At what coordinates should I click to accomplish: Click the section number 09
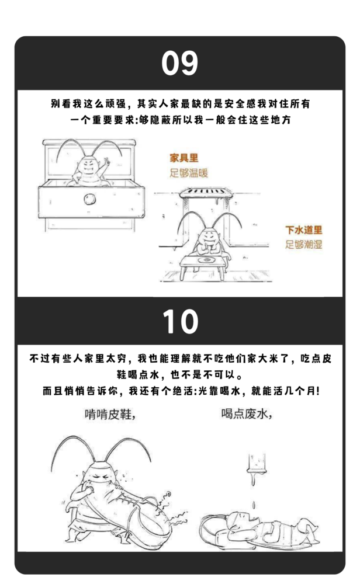[x=179, y=63]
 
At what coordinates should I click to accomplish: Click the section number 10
[x=181, y=321]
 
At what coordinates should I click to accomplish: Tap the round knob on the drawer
[x=89, y=199]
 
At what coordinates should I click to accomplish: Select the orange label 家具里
[x=184, y=158]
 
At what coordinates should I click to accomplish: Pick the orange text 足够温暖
[x=189, y=173]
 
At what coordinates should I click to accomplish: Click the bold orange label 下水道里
[x=304, y=230]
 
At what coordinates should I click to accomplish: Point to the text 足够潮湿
[x=304, y=244]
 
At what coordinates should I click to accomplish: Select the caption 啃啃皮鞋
[x=109, y=414]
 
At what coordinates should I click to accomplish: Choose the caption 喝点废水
[x=246, y=413]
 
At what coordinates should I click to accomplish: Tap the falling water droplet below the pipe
[x=254, y=505]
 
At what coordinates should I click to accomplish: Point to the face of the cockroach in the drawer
[x=89, y=165]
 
